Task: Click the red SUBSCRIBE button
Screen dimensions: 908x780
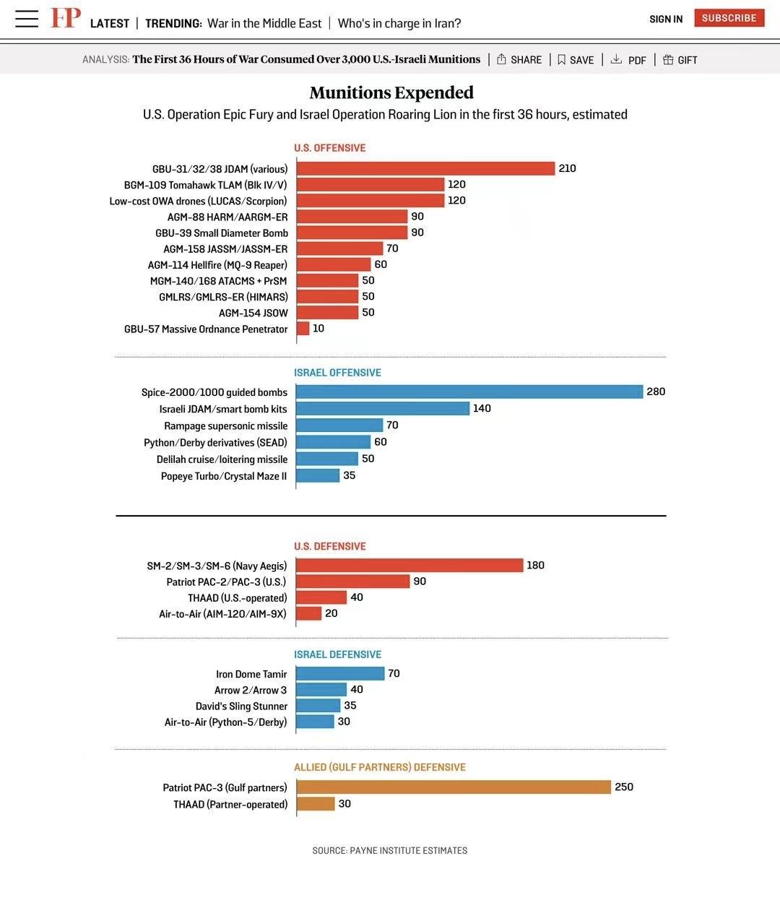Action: click(729, 18)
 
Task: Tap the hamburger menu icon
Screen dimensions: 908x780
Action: click(27, 19)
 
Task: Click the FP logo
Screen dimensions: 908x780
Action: click(65, 18)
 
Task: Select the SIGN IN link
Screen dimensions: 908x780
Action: click(665, 19)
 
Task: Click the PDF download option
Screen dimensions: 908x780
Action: click(628, 60)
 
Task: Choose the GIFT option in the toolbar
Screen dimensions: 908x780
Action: click(680, 60)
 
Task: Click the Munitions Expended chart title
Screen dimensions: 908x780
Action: click(391, 92)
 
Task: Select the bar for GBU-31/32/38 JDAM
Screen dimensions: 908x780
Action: click(425, 168)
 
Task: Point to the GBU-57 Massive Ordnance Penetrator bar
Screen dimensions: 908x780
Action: click(303, 329)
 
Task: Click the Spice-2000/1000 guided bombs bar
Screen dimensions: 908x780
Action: click(469, 392)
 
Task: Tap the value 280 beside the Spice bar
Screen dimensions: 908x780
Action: click(656, 392)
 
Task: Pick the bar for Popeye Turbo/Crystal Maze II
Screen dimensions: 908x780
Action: click(318, 475)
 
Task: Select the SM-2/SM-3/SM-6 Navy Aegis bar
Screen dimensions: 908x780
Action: click(409, 565)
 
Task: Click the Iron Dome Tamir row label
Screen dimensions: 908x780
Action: click(251, 674)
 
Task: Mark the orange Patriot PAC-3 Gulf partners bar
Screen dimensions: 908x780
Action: click(454, 787)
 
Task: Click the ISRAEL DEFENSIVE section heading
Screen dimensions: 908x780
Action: click(337, 654)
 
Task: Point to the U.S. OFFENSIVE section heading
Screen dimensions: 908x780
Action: click(329, 148)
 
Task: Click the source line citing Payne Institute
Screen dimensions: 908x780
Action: click(390, 850)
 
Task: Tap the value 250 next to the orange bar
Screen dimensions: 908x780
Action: click(624, 787)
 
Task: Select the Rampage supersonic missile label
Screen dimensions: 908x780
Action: click(225, 426)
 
